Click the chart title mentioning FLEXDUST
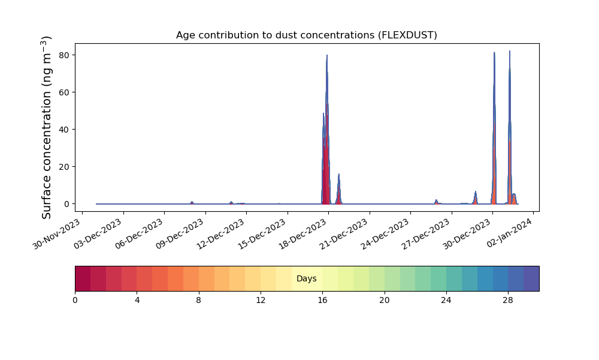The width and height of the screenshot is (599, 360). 306,35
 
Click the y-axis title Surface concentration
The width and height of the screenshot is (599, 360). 46,128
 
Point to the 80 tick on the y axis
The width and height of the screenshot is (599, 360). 65,55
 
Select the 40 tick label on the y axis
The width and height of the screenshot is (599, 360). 65,130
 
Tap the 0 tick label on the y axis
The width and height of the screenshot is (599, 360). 67,204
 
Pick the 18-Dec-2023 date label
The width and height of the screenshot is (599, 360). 302,234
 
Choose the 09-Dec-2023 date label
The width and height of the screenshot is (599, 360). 180,234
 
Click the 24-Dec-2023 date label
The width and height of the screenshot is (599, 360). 385,234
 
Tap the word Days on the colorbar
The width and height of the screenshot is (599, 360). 306,278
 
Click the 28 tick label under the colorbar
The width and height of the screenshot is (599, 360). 508,301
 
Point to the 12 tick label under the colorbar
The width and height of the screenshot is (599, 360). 261,301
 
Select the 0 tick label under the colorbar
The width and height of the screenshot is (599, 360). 75,301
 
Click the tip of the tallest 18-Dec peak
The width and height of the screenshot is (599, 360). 327,55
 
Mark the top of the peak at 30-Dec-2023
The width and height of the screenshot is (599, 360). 494,52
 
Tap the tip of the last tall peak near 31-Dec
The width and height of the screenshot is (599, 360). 510,51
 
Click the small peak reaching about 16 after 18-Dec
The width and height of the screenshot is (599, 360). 338,175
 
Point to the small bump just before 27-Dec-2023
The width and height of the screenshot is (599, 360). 436,200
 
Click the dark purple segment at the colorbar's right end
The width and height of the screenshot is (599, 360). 531,278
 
